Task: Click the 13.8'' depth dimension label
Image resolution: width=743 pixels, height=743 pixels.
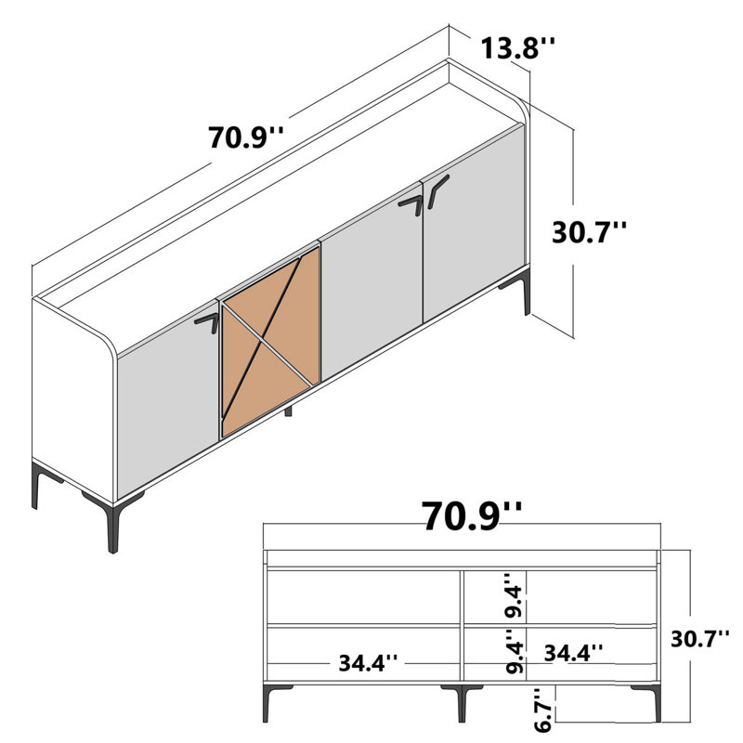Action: [517, 46]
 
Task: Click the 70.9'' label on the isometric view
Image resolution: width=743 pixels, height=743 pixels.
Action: [246, 137]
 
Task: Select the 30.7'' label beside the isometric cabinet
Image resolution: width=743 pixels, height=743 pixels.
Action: [590, 231]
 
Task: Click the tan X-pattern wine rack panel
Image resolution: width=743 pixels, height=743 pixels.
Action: [270, 342]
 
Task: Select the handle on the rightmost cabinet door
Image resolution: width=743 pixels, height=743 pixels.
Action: [438, 189]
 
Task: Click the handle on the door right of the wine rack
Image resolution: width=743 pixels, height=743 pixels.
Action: [411, 203]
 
